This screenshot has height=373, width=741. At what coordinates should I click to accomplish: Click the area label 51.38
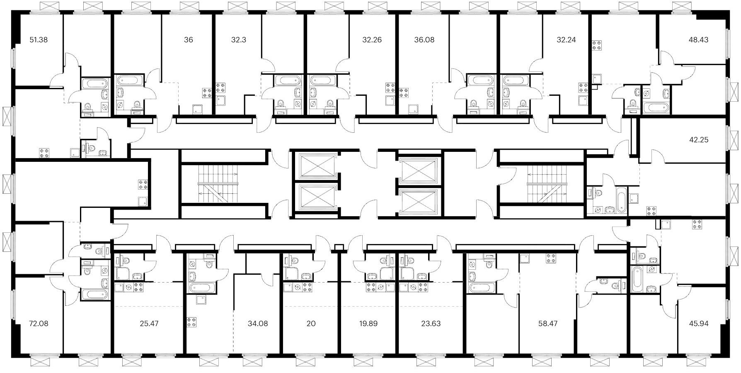tap(39, 40)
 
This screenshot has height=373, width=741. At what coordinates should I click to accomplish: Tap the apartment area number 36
tap(188, 40)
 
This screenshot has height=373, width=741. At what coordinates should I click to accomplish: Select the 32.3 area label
tap(239, 40)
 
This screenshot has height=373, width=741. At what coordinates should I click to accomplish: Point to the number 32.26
tap(372, 40)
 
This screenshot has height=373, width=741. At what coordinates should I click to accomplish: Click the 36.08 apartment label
tap(424, 40)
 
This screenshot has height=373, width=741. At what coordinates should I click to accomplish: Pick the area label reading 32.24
tap(566, 40)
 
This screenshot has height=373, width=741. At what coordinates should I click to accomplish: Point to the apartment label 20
tap(311, 323)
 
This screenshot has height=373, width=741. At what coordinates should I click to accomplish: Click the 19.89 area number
tap(368, 323)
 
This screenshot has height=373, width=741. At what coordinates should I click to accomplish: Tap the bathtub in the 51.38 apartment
tap(95, 84)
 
